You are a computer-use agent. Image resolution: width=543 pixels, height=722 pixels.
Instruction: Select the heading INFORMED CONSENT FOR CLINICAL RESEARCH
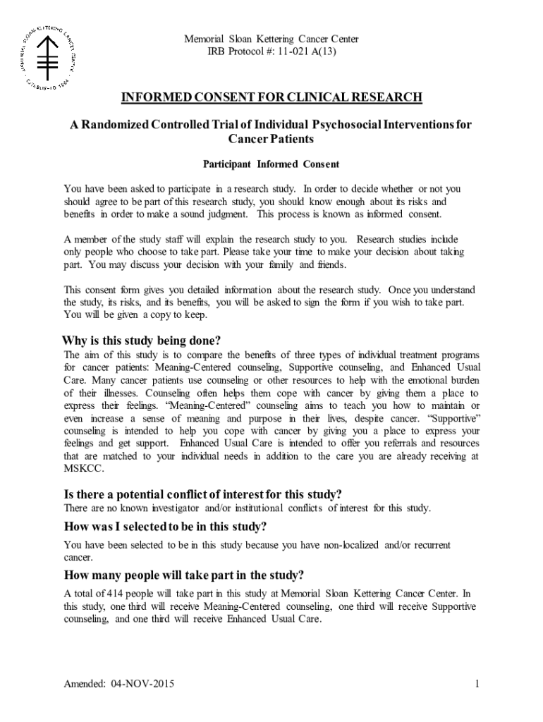click(x=271, y=97)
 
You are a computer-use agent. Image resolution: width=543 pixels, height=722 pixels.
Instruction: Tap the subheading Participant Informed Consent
click(x=271, y=164)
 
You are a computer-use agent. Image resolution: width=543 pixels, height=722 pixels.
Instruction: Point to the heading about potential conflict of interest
click(x=202, y=494)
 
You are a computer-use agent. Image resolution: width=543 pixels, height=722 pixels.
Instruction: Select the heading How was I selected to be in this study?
click(x=165, y=527)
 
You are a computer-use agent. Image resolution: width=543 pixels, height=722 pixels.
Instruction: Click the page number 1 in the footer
click(x=477, y=684)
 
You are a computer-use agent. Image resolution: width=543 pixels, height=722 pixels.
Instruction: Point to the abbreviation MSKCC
click(x=83, y=469)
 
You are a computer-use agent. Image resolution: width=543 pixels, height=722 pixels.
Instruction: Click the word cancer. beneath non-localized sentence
click(x=78, y=558)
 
